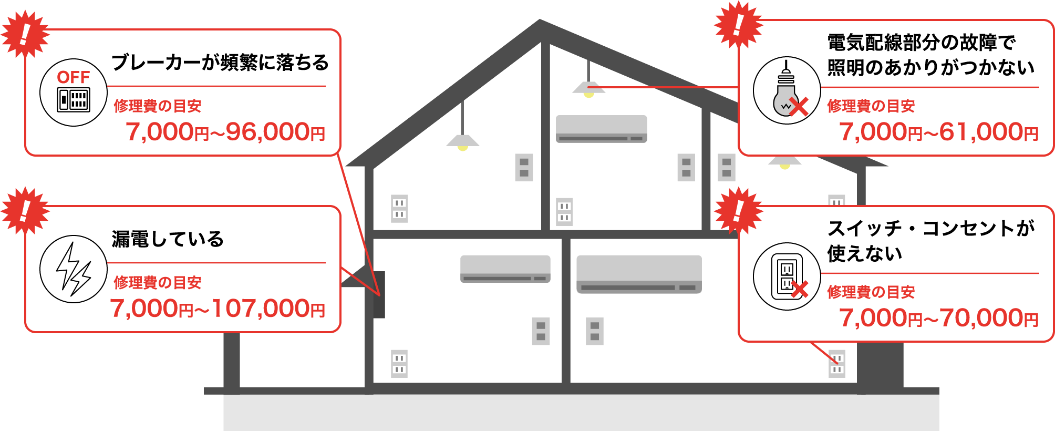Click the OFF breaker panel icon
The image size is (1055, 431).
(74, 93)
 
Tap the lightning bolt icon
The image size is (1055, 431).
(74, 269)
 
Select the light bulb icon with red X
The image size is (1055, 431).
(787, 90)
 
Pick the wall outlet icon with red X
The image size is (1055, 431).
(787, 276)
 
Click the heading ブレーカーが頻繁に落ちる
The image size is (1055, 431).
(220, 63)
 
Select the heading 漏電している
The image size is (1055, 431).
(168, 239)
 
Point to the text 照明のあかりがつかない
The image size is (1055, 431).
(930, 67)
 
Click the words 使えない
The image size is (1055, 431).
(864, 253)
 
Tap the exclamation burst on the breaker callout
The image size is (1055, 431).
(25, 34)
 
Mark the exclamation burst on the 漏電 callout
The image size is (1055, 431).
(25, 210)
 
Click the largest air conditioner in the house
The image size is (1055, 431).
(639, 273)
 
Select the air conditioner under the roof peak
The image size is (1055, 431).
(601, 129)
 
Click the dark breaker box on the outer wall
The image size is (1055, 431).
(379, 294)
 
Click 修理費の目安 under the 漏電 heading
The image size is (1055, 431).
(158, 283)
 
